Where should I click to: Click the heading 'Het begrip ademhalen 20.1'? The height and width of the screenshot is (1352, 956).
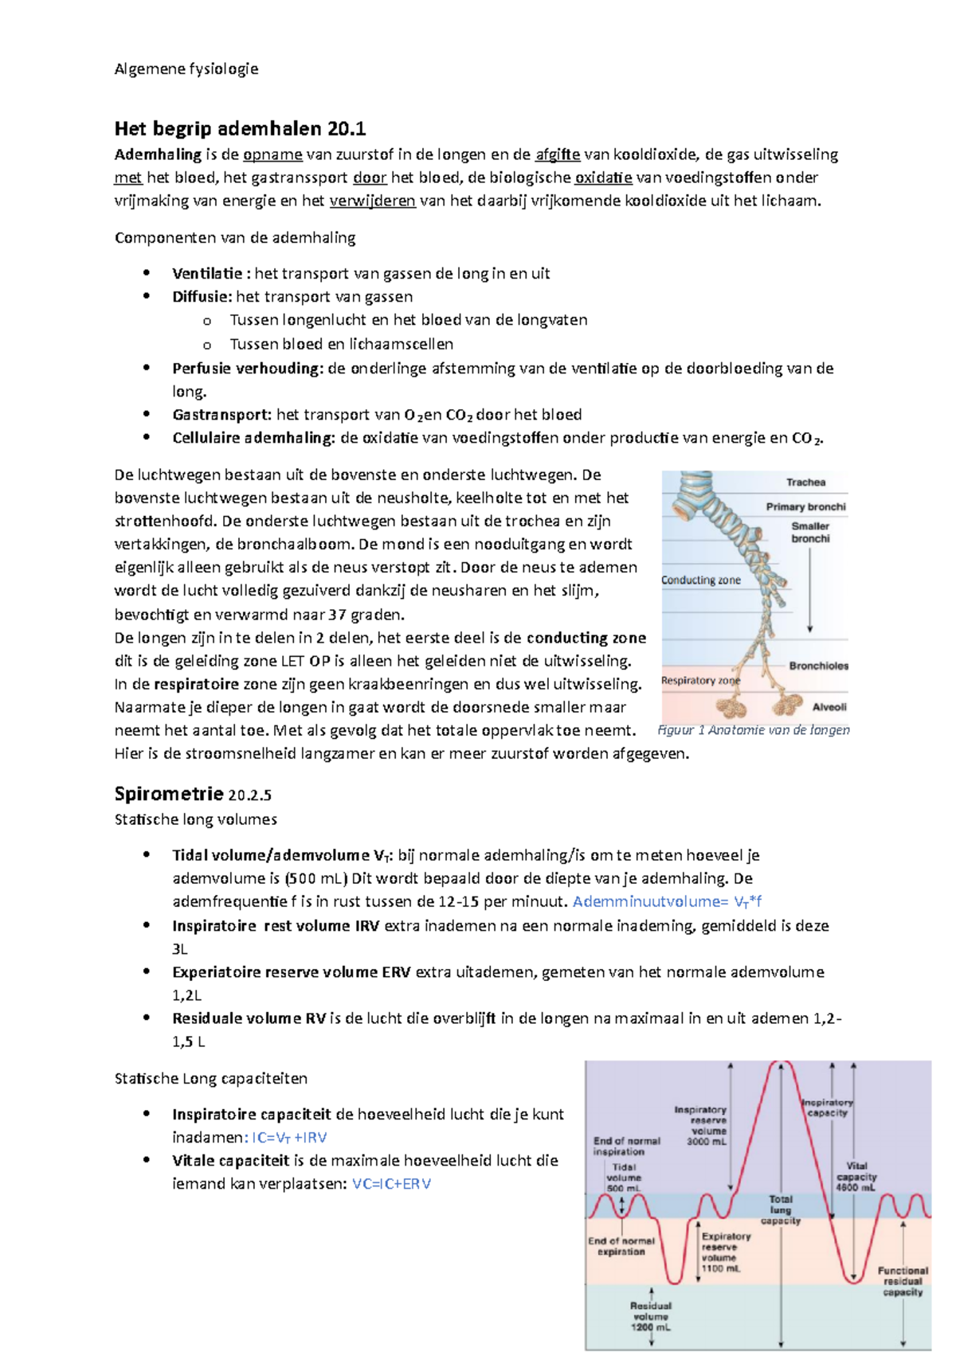coord(240,128)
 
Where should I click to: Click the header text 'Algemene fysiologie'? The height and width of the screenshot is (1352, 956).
coord(186,68)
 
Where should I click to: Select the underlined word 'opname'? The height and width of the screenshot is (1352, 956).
coord(272,154)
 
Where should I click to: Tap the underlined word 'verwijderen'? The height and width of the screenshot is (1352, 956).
coord(372,201)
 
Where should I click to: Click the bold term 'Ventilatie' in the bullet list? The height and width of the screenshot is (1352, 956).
coord(207,273)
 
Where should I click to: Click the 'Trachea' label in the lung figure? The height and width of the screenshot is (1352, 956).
coord(805,483)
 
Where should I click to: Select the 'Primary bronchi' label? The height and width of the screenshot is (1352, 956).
coord(805,506)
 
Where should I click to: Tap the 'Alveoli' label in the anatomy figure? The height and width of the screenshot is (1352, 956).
coord(829,707)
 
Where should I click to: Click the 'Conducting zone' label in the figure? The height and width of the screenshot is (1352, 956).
coord(700,580)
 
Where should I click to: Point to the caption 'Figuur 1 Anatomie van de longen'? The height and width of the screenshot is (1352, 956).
coord(754,729)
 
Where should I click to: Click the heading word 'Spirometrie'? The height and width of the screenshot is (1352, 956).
coord(169,794)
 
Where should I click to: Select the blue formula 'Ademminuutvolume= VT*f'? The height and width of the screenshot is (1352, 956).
coord(667,901)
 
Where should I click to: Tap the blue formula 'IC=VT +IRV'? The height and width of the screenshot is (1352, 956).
coord(289,1137)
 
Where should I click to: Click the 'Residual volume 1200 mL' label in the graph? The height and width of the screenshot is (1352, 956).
coord(651,1316)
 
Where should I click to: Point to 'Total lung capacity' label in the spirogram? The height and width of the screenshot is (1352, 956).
coord(780,1209)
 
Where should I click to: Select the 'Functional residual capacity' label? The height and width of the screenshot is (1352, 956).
coord(903,1281)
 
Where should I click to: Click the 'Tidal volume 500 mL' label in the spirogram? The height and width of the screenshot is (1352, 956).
coord(624,1178)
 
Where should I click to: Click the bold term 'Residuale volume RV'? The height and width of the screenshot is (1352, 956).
coord(249,1018)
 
